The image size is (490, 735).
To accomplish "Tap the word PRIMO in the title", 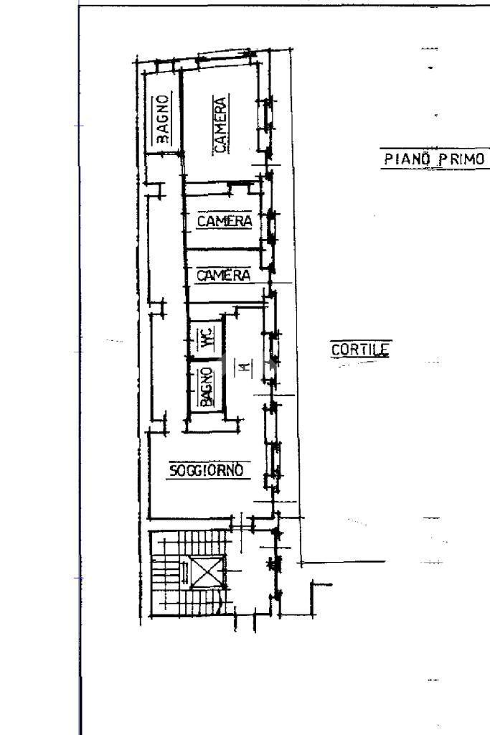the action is [461, 159].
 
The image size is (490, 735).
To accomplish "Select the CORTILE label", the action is [359, 350].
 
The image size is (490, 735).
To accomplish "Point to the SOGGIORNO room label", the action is [207, 469].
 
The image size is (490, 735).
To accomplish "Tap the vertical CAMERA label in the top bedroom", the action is [220, 124].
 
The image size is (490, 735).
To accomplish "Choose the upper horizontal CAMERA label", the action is [225, 221].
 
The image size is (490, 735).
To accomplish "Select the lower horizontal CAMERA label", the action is [223, 275].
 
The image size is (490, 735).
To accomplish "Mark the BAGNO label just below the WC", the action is [207, 387].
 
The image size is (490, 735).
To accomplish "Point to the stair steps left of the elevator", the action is [166, 572].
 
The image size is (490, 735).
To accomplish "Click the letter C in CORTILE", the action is [336, 350].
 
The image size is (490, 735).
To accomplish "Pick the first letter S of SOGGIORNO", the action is [173, 470].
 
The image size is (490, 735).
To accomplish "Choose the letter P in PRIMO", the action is [442, 159].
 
